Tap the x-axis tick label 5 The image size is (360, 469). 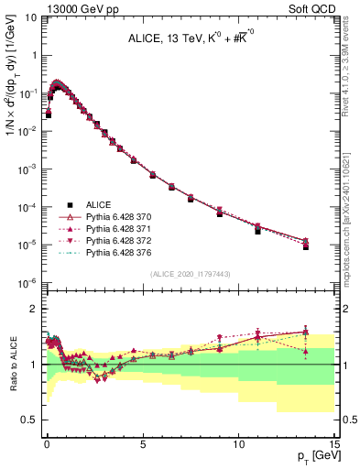143,441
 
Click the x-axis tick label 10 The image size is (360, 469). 238,441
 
